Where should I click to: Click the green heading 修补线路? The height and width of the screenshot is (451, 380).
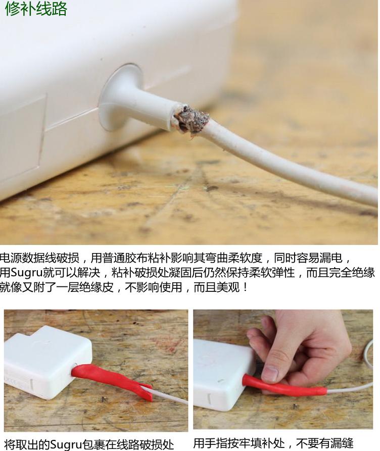tap(36, 9)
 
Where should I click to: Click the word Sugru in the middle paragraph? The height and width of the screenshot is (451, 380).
tap(30, 273)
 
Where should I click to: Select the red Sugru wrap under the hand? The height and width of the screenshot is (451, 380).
tap(283, 386)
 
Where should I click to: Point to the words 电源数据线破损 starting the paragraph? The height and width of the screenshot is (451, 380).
tap(40, 259)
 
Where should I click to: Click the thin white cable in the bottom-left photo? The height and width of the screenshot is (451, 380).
tap(170, 396)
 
